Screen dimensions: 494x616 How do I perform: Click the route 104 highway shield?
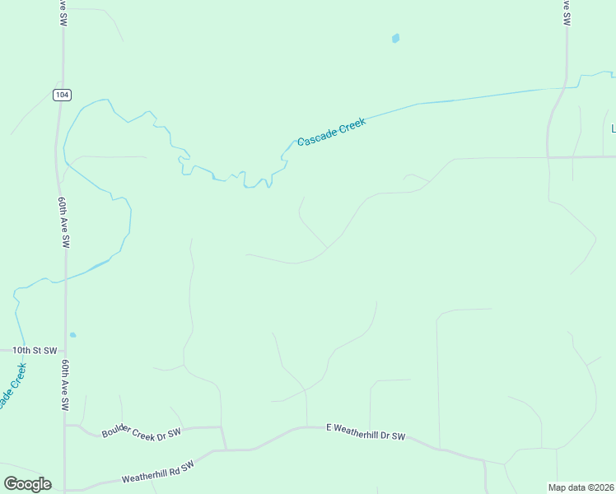(x=62, y=95)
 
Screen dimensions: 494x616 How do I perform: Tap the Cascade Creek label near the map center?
(x=331, y=132)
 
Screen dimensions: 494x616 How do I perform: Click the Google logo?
(x=27, y=484)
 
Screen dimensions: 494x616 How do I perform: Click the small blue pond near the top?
(x=395, y=38)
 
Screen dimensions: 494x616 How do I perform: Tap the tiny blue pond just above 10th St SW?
(x=72, y=334)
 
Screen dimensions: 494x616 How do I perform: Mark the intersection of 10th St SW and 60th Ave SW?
(x=65, y=350)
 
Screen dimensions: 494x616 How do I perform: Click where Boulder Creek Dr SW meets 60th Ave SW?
(x=66, y=425)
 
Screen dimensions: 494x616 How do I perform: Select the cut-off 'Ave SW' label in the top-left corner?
(x=62, y=13)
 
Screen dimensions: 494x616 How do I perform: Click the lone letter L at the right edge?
(x=613, y=128)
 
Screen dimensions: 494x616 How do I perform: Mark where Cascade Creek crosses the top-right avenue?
(x=566, y=86)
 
